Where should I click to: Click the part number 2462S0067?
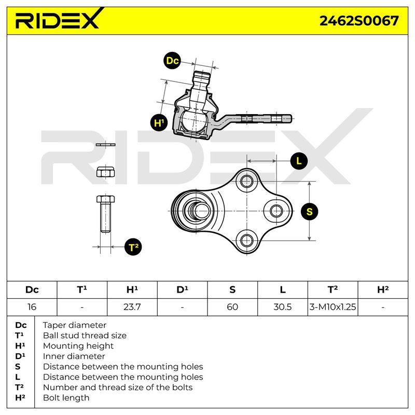coord(359,21)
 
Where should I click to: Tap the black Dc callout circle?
coord(172,61)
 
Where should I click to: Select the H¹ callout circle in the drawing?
coord(159,122)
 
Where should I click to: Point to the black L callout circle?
coord(299,161)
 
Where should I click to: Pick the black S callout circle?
coord(309,212)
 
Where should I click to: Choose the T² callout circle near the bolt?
coord(133,247)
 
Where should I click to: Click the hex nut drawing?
coord(105,172)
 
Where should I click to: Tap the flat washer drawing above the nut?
coord(106,145)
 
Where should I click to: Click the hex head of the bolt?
coord(106,199)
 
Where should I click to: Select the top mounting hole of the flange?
coord(246,181)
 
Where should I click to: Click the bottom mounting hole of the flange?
coord(246,240)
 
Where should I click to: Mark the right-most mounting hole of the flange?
coord(276,211)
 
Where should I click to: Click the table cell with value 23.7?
coord(132,307)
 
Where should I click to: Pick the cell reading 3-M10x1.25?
coord(333,307)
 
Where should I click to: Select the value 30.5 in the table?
coord(282,307)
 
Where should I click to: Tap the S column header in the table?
coord(232,290)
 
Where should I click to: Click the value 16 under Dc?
coord(32,307)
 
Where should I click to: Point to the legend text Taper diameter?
coord(74,325)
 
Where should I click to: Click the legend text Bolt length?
coord(66,397)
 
